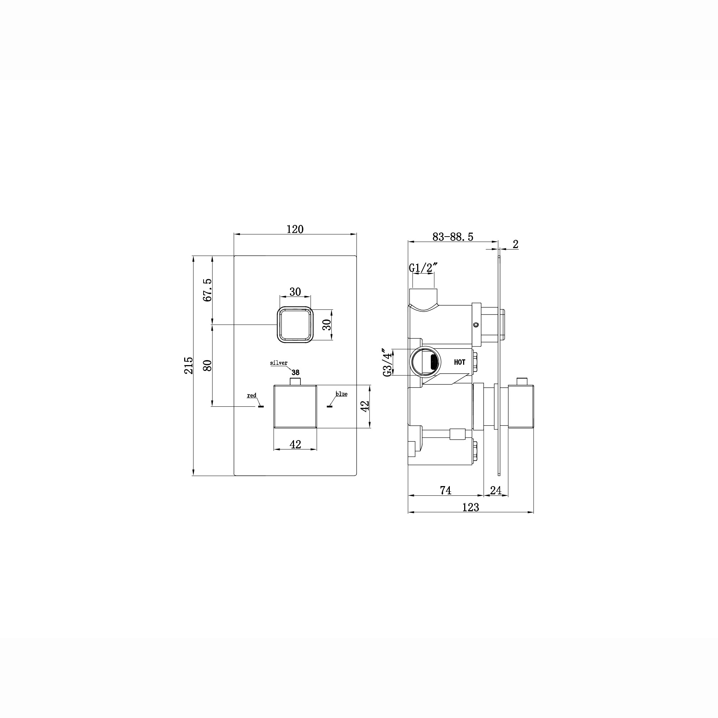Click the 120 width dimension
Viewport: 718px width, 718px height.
295,229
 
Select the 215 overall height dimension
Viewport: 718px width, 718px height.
189,365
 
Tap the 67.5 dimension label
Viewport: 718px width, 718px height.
208,290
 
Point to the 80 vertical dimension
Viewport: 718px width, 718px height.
208,365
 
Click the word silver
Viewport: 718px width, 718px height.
279,363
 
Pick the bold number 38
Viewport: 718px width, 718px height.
295,372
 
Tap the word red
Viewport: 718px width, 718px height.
252,395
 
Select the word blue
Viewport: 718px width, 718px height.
341,394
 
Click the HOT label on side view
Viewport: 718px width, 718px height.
460,362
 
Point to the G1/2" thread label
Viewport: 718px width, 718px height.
423,267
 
